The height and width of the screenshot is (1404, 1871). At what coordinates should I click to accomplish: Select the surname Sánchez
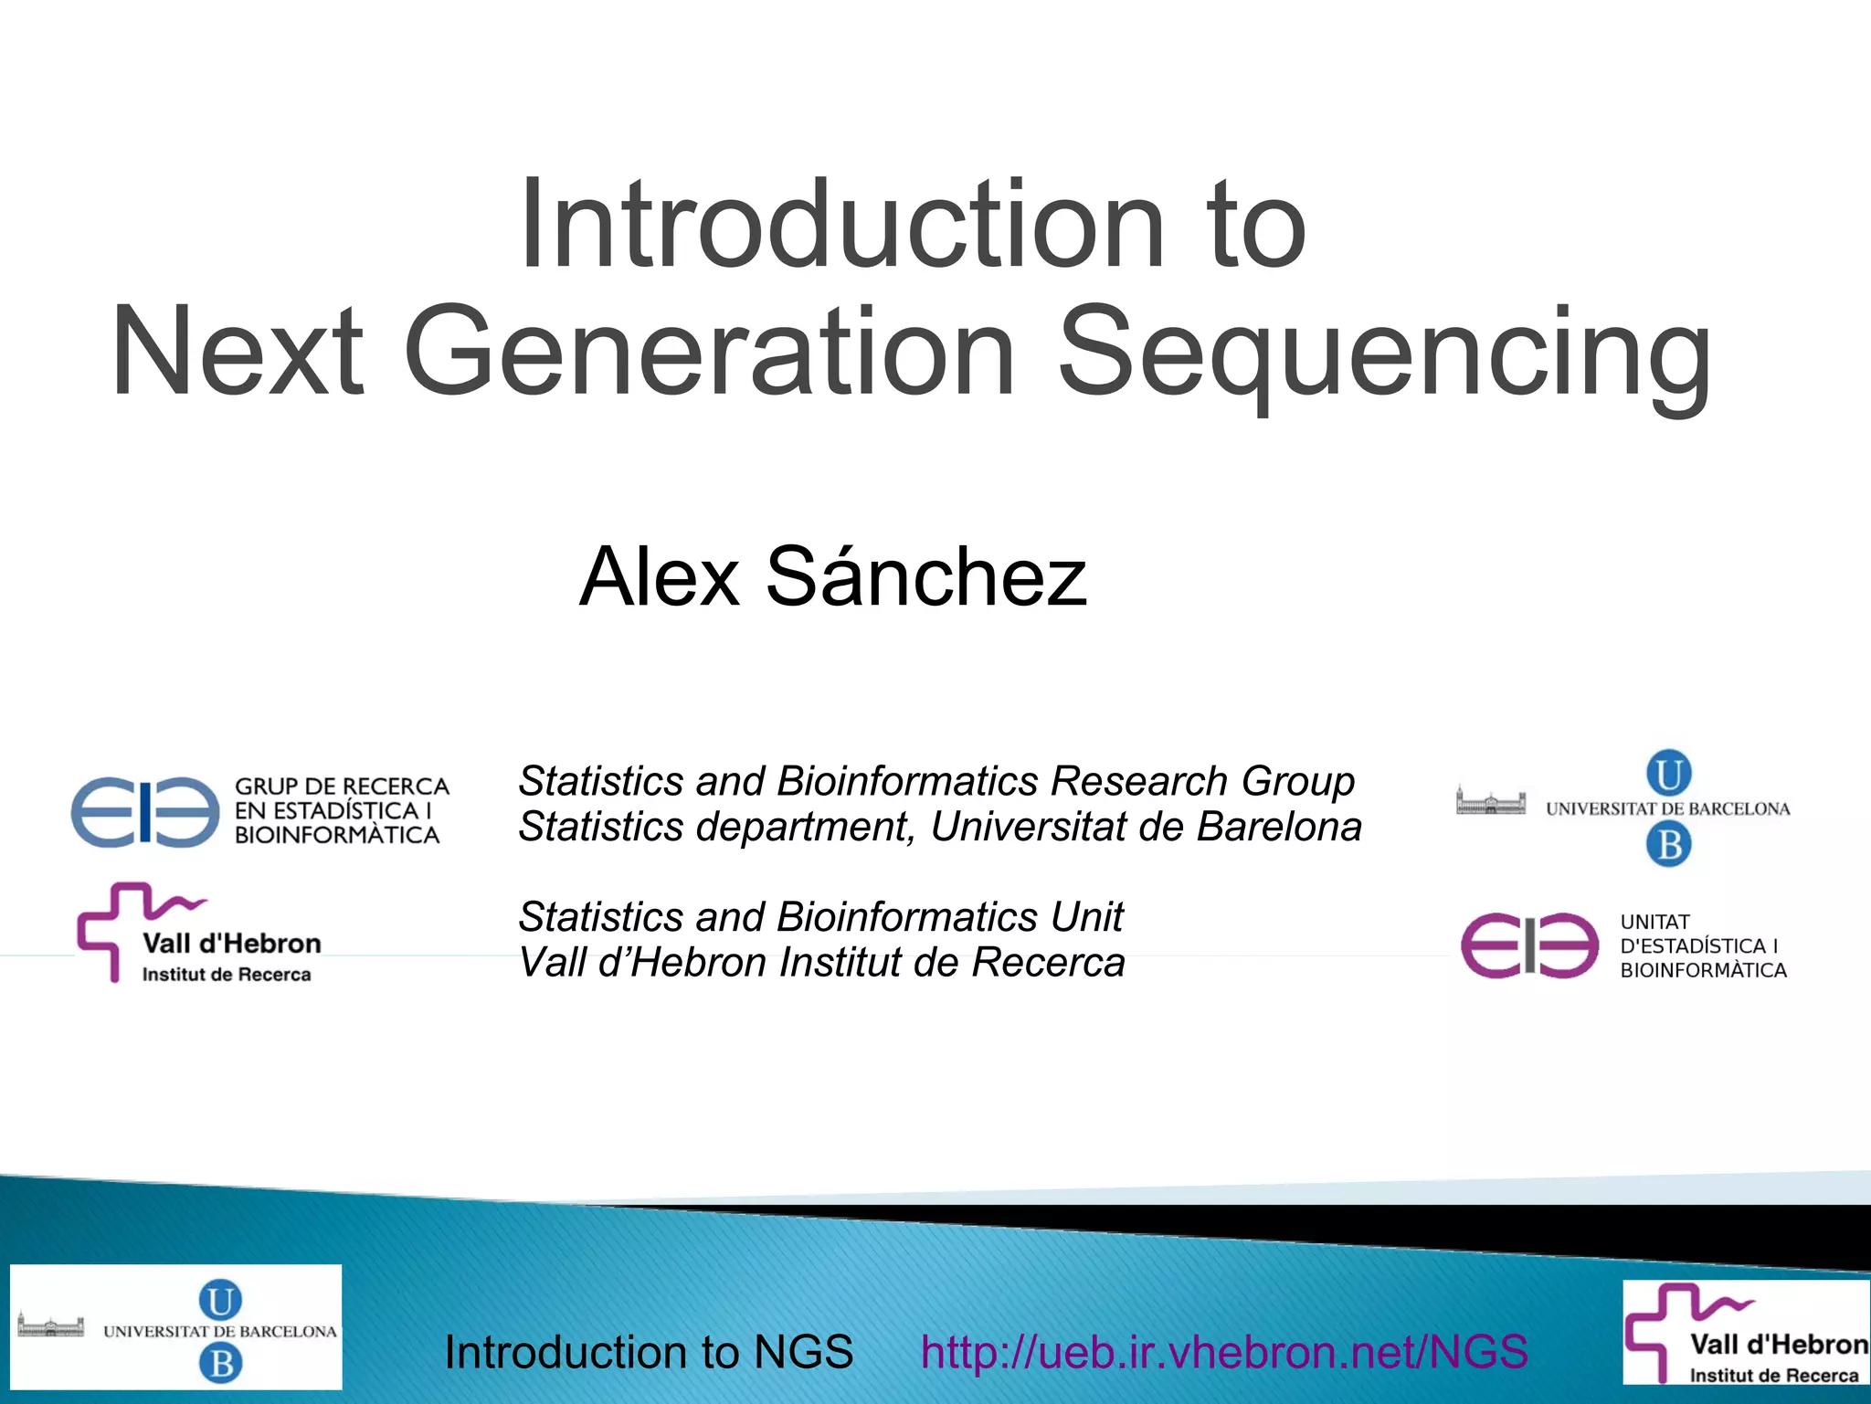point(926,576)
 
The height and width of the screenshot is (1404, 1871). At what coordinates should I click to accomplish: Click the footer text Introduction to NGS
point(649,1352)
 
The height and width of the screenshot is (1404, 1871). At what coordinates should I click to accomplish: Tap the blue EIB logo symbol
point(145,812)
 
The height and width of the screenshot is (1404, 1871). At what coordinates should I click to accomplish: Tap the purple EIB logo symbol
point(1529,945)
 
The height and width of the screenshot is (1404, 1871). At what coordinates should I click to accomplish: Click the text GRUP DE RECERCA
point(342,786)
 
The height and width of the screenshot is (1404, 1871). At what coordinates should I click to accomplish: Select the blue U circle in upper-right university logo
point(1668,774)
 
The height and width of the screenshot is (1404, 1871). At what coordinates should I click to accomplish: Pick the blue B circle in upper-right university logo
point(1668,844)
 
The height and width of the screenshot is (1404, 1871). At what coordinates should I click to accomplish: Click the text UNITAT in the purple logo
point(1654,923)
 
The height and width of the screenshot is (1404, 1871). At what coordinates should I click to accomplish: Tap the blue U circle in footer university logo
point(220,1300)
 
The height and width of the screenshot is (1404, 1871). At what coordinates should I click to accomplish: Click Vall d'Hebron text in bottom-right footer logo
point(1778,1345)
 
